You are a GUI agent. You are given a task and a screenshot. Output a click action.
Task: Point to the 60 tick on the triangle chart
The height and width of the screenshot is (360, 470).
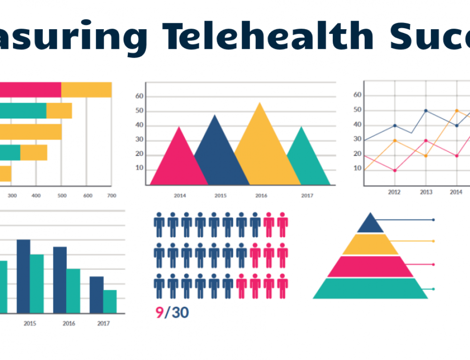point(139,96)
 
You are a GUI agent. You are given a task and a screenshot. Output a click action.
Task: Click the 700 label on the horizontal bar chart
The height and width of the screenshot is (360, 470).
point(111,195)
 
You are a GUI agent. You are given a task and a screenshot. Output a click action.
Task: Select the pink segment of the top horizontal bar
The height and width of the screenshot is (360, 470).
point(31,90)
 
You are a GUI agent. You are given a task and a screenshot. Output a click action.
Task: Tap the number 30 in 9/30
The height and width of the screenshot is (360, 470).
point(180,313)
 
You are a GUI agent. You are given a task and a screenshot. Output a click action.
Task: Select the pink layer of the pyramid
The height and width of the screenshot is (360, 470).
point(370,266)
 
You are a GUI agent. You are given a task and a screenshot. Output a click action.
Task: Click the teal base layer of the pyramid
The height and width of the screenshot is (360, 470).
point(370,288)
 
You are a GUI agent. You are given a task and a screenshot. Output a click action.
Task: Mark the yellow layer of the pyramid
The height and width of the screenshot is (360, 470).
point(370,244)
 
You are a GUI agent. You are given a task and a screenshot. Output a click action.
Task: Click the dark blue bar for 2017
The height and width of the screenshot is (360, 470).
point(96,295)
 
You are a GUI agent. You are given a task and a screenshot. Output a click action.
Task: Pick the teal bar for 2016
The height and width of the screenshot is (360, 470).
point(73,291)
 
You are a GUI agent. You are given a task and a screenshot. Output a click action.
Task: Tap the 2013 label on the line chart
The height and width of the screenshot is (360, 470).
point(426,192)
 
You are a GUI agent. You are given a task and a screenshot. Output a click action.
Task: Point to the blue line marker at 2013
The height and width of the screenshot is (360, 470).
point(426,111)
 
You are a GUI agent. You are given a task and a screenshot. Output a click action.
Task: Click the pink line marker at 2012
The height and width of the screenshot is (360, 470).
point(395,170)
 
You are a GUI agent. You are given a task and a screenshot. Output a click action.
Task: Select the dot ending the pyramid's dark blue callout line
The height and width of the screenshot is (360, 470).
point(433,219)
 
